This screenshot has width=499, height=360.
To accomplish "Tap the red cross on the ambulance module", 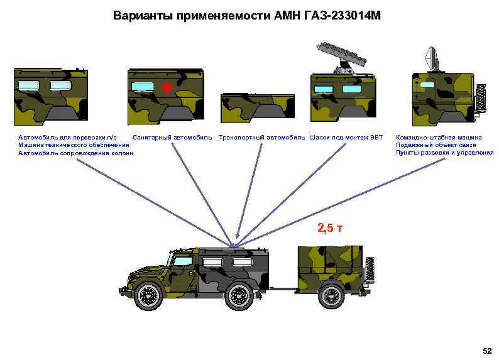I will tap(166, 87).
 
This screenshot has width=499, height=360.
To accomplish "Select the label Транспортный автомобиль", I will tap(261, 137).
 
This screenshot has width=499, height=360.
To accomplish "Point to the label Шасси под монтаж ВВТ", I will tap(346, 137).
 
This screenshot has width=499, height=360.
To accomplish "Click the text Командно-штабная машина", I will tap(439, 137).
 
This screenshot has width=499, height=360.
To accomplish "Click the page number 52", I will tap(486, 349).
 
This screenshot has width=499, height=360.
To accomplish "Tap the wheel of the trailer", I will tap(332, 294).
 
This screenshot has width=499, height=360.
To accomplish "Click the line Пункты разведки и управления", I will tap(444, 153).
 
